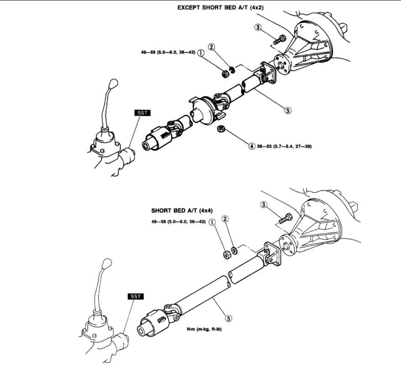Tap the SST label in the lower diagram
(x=136, y=297)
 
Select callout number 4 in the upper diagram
(x=251, y=146)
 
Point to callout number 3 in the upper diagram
(x=258, y=28)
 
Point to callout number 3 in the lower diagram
(x=263, y=205)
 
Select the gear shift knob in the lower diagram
(x=107, y=264)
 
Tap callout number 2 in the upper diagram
(x=211, y=47)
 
